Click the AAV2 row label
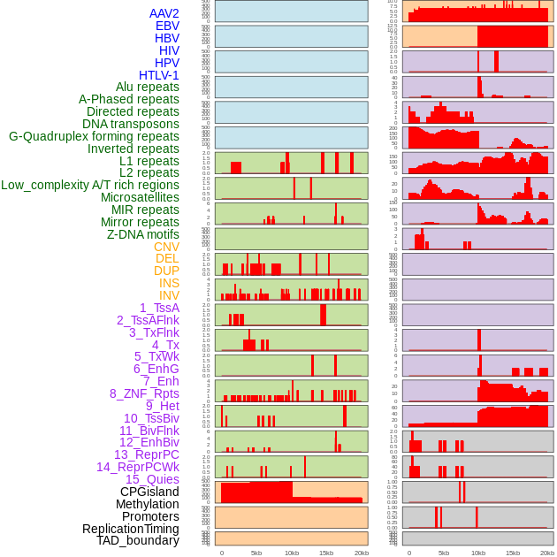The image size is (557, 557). pos(164,13)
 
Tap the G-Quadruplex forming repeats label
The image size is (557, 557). pos(94,136)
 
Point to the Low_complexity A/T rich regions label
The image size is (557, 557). pos(90,185)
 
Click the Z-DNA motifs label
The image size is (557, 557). pos(143,234)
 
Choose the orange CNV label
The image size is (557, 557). pos(166,247)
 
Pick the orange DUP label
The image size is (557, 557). pos(166,271)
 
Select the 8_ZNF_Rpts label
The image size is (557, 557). pos(144,393)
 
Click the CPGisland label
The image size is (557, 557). pos(149,492)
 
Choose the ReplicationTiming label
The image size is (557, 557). pos(130,529)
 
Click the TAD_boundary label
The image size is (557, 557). pos(138,540)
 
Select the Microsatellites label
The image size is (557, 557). pos(140,197)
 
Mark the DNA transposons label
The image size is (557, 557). pos(131,124)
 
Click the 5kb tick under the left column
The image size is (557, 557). pos(256,553)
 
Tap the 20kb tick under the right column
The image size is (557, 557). pos(547,553)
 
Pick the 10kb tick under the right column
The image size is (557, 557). pos(477,553)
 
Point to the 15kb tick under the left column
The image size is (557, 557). pos(326,553)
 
